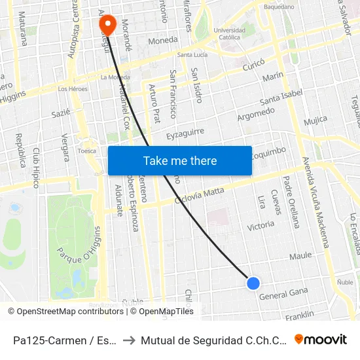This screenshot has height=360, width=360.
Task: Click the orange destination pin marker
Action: [x=107, y=26]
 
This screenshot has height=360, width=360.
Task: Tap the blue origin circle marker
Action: [x=253, y=283]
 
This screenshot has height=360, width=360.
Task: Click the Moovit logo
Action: [x=321, y=339]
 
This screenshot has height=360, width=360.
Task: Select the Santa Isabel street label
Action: [x=281, y=98]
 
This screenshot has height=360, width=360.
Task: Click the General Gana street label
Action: [x=283, y=294]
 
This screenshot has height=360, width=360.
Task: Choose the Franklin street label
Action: [x=300, y=315]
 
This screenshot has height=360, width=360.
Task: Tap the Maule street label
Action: [x=300, y=256]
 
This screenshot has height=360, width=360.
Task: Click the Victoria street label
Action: [x=261, y=226]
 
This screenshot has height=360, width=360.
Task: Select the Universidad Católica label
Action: [x=229, y=34]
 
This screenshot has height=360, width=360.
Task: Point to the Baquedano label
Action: [x=279, y=7]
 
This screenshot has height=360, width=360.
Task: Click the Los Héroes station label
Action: [x=73, y=88]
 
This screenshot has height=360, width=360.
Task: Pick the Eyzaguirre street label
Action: [x=185, y=134]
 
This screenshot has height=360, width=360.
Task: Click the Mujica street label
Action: [x=315, y=120]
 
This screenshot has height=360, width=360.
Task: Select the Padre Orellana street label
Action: [x=291, y=200]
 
